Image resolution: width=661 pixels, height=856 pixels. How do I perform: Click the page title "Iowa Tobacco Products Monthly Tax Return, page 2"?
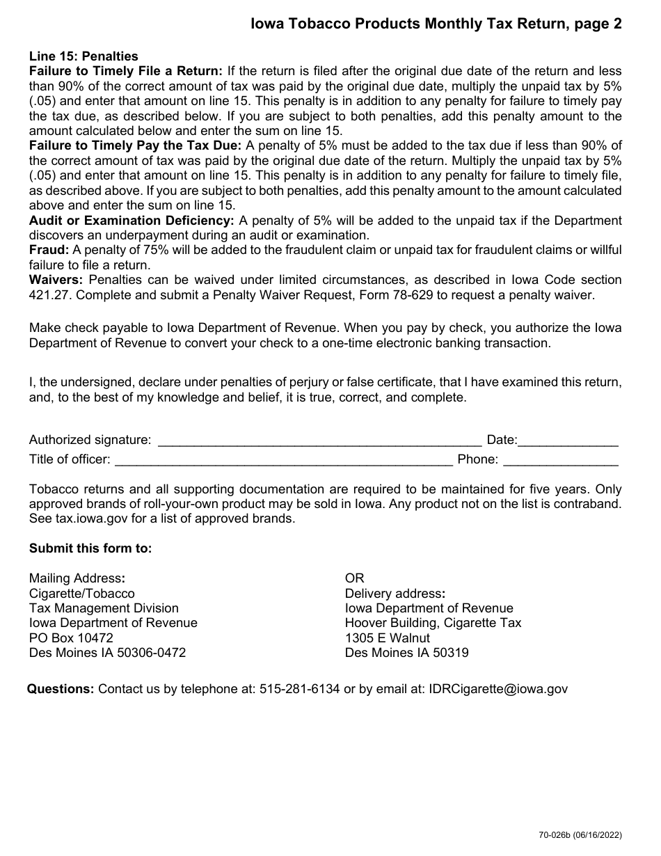coord(436,24)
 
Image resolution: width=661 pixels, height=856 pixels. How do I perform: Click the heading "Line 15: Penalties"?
coord(83,56)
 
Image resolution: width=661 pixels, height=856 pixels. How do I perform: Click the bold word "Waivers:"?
coord(56,280)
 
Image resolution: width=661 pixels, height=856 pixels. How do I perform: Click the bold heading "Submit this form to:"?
coord(90,548)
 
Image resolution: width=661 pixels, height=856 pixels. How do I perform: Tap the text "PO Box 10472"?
coord(71,637)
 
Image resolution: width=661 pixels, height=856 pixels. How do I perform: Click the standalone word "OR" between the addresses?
coord(354,578)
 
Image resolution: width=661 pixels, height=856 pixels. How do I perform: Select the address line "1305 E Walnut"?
coord(388,637)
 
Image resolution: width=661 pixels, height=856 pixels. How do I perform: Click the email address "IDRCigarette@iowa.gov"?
coord(498,689)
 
